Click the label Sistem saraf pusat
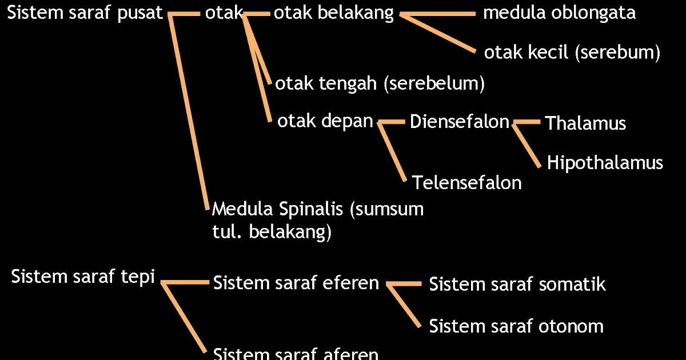coord(85,14)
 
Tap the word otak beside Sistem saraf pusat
coord(224,14)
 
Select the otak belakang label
coord(334,14)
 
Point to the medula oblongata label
coord(559,13)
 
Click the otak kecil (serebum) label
coord(572,53)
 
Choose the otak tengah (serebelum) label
coord(380,84)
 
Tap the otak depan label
coord(325,121)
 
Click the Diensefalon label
coord(460,122)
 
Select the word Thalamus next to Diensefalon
coord(585,123)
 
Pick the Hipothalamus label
coord(605,163)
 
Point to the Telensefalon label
coord(466,183)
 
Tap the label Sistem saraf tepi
coord(83,277)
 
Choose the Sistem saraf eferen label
coord(296,283)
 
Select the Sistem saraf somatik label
coord(517,284)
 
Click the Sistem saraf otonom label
coord(516,326)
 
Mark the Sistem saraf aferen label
coord(296,354)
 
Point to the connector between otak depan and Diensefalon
coord(392,122)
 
